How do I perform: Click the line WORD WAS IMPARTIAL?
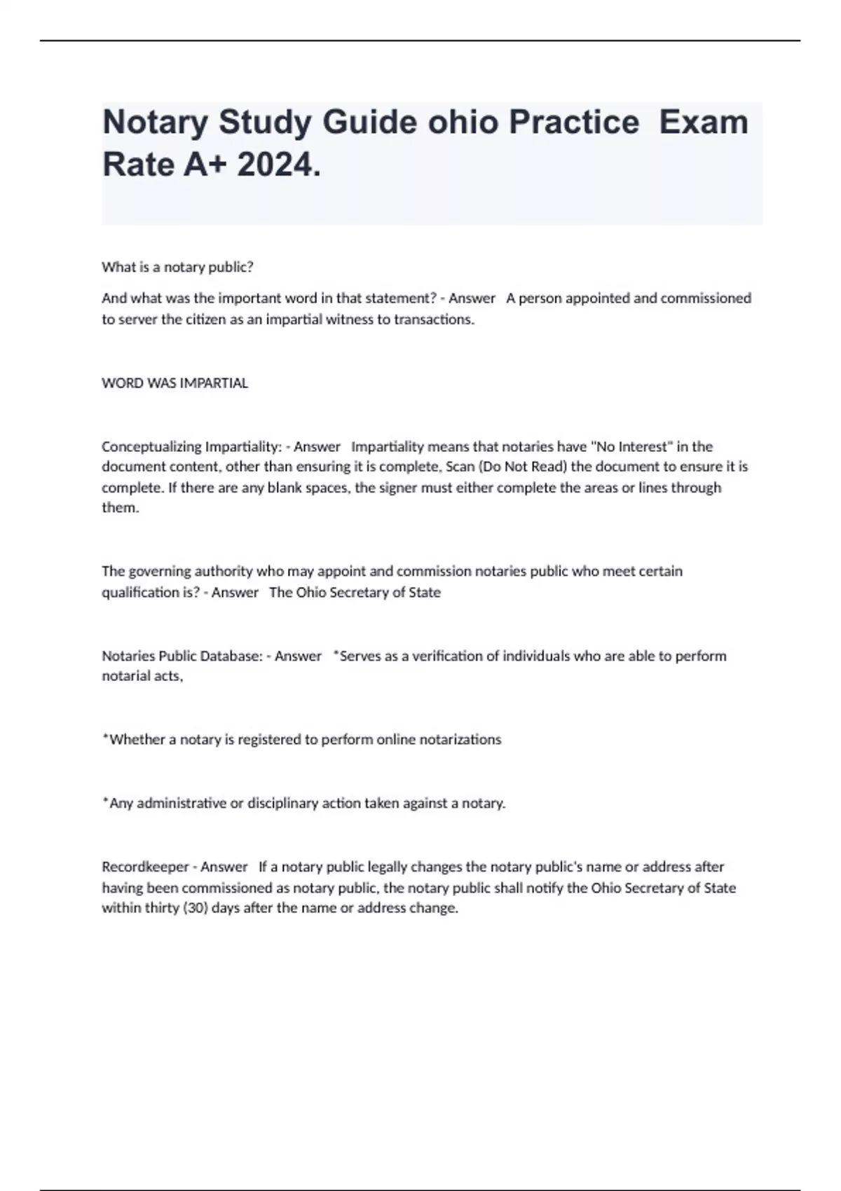pyautogui.click(x=175, y=383)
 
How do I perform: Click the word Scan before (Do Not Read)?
pyautogui.click(x=460, y=467)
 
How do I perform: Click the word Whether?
pyautogui.click(x=137, y=740)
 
